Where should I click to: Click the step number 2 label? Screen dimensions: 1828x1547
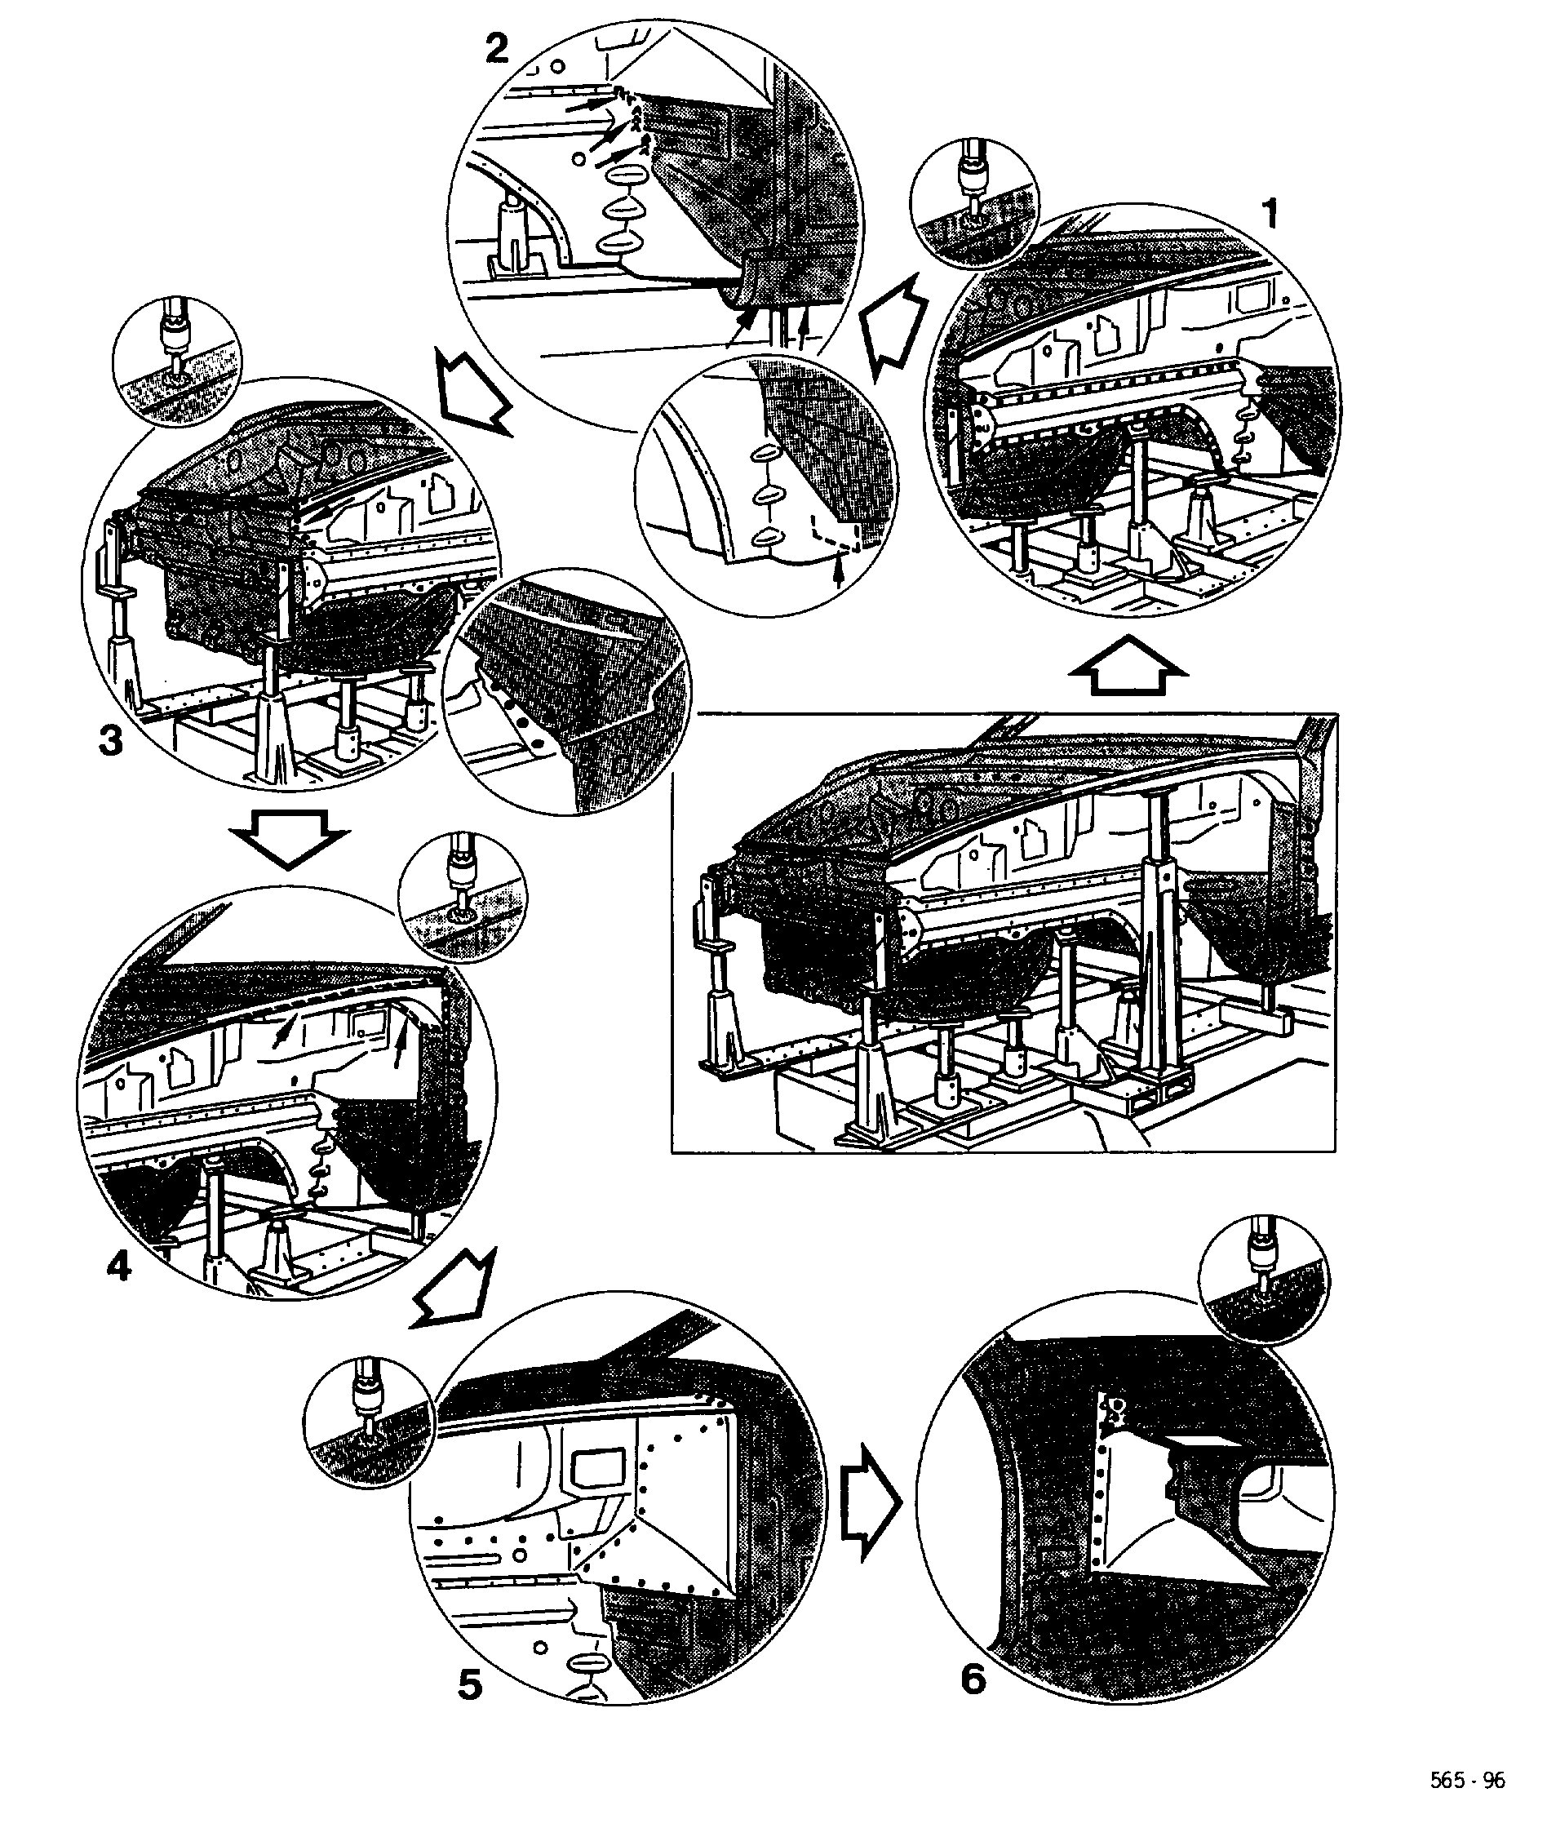[x=497, y=49]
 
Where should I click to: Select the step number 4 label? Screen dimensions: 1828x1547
[x=119, y=1266]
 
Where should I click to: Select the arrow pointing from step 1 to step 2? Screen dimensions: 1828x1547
[x=893, y=327]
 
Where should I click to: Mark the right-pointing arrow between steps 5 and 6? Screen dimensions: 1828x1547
[x=871, y=1502]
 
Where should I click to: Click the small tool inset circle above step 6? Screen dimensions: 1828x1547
[x=1264, y=1280]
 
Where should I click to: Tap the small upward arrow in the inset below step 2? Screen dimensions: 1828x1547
[x=840, y=575]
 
